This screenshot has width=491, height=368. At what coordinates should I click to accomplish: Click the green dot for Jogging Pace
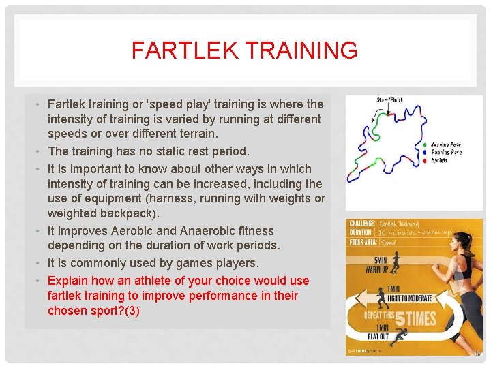[426, 145]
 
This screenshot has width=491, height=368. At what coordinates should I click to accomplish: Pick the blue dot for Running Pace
[426, 152]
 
